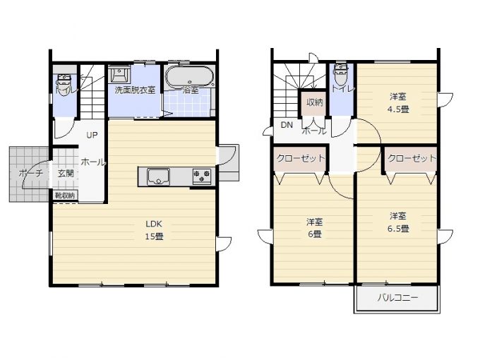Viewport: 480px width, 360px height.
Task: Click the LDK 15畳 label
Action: [154, 230]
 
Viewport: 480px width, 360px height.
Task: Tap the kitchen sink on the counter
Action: [158, 176]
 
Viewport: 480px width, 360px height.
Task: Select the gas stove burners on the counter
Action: [202, 176]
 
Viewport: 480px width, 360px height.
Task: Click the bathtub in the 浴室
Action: [190, 76]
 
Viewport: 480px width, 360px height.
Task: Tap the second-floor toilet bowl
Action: [340, 74]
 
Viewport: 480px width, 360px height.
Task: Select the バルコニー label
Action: [397, 298]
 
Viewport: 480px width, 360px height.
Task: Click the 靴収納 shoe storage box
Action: [65, 196]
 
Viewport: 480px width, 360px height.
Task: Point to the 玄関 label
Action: [66, 173]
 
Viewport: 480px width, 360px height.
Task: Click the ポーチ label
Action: [30, 173]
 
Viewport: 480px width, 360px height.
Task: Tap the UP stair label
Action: [92, 135]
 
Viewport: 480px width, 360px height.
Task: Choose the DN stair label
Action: [287, 125]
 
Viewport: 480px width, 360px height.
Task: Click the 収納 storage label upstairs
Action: [314, 102]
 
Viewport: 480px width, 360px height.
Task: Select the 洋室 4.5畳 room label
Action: [398, 103]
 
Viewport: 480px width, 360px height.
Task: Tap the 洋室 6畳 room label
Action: [314, 228]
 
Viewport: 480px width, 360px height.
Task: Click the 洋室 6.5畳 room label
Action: [398, 222]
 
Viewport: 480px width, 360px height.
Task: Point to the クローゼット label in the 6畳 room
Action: [300, 158]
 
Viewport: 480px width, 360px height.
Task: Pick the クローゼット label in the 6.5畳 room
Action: [412, 158]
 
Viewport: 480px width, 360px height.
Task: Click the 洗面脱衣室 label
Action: [135, 90]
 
